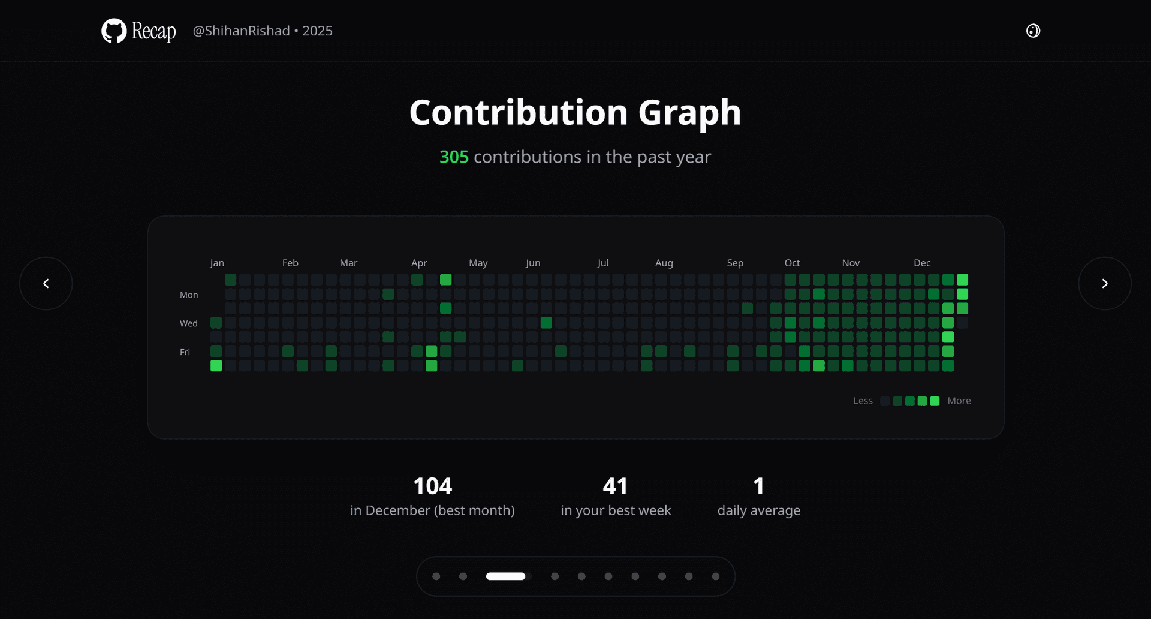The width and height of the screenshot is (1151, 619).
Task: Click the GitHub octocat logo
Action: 114,31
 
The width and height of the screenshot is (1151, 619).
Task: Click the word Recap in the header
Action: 153,31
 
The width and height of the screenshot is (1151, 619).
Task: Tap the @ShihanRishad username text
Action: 241,31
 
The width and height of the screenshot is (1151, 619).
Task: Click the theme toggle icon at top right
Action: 1033,31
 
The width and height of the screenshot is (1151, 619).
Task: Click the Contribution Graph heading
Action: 575,113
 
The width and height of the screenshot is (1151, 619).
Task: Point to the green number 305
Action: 454,157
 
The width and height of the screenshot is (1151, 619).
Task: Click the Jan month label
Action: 217,263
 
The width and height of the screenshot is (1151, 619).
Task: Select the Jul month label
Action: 603,263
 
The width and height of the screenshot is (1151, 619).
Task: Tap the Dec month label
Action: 922,263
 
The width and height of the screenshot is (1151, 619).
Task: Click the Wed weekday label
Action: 189,323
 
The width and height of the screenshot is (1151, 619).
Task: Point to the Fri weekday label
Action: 185,352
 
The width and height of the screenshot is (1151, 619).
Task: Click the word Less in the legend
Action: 863,401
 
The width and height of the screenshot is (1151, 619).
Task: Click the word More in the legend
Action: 959,401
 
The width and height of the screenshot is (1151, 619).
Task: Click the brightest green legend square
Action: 935,401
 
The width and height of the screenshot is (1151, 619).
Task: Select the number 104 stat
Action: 432,486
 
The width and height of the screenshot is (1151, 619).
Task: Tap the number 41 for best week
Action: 615,486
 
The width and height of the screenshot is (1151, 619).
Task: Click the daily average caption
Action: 758,510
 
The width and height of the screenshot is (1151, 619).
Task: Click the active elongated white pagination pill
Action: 505,576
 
